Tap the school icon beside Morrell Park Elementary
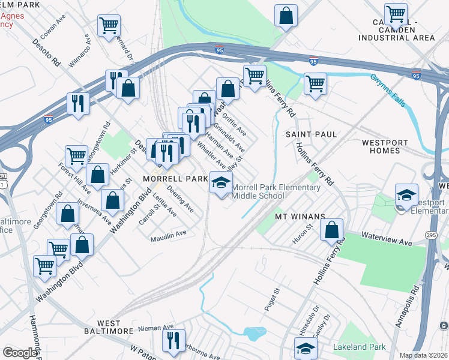pyautogui.click(x=220, y=182)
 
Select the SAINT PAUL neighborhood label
pyautogui.click(x=311, y=134)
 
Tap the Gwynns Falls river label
pyautogui.click(x=388, y=90)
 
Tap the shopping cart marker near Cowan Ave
pyautogui.click(x=109, y=26)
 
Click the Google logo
pyautogui.click(x=20, y=353)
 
